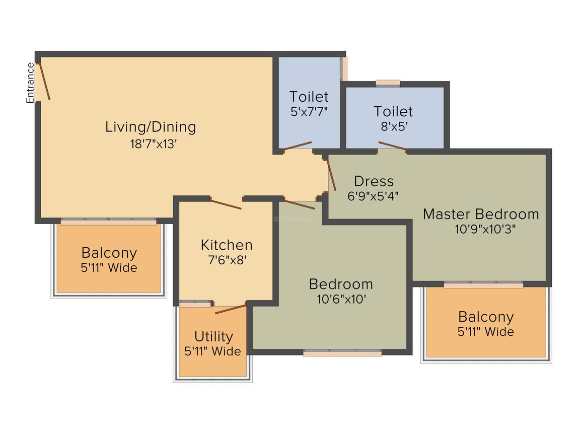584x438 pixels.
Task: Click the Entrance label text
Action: point(30,83)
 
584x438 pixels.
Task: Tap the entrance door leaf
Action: point(45,82)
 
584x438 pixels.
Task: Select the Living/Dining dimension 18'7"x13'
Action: point(153,144)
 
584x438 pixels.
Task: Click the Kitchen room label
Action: point(227,245)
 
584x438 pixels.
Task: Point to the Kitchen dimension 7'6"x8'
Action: point(227,260)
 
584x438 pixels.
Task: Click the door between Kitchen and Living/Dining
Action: point(226,204)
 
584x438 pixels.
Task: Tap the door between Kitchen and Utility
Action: point(231,309)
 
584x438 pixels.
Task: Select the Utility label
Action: point(214,336)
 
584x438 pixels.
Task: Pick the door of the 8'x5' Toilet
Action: point(392,146)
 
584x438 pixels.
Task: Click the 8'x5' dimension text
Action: point(394,127)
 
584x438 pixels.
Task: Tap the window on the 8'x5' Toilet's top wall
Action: point(388,84)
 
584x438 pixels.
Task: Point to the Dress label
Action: point(374,181)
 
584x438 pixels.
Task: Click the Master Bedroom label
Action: point(481,214)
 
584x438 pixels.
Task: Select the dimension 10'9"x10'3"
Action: point(485,229)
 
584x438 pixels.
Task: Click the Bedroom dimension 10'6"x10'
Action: point(341,299)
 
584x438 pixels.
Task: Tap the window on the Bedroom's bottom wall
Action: point(342,353)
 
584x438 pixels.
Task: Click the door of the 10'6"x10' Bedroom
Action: point(300,204)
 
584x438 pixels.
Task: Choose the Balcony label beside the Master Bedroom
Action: point(486,317)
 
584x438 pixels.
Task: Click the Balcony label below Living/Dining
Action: point(109,253)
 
